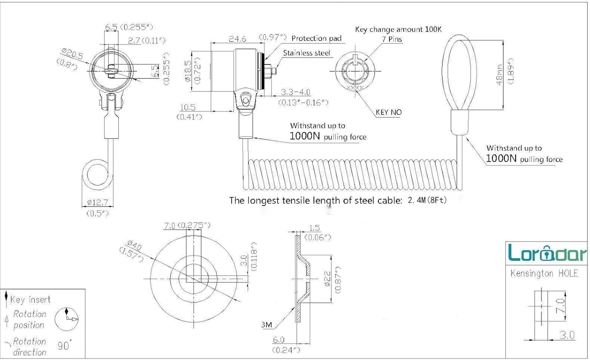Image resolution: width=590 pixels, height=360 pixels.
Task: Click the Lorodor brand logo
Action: coord(547,253)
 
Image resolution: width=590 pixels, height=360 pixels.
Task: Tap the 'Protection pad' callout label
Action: coord(316,38)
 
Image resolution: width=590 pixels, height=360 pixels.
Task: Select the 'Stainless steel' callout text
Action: coord(306,53)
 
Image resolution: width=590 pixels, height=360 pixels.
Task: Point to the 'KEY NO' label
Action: coord(389,112)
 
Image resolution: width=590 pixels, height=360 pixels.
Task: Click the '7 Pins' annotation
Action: coord(392,39)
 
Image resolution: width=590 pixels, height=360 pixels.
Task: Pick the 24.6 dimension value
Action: coord(237,39)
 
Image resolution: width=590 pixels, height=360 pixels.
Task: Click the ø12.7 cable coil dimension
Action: coord(98,202)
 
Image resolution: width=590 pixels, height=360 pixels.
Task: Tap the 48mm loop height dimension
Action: coord(499,75)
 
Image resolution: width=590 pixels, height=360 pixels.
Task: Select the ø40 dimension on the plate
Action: coord(134,245)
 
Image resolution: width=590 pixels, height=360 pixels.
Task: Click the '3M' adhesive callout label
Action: coord(267,325)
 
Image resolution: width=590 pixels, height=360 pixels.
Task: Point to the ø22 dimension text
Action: coord(327,279)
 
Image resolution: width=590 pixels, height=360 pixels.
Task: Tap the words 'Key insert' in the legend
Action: coord(30,300)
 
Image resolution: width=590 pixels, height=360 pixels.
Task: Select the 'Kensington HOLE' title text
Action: coord(544,273)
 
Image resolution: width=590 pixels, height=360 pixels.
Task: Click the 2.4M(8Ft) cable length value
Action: coord(427,200)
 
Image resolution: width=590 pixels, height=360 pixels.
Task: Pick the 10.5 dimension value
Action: coord(188,107)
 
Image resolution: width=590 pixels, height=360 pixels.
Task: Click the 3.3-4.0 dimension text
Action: coord(295,92)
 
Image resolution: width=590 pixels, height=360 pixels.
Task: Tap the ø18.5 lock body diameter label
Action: coord(188,71)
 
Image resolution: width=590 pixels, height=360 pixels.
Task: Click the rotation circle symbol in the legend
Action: coord(67,319)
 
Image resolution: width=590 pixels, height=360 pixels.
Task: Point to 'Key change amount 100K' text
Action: coord(398,29)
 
